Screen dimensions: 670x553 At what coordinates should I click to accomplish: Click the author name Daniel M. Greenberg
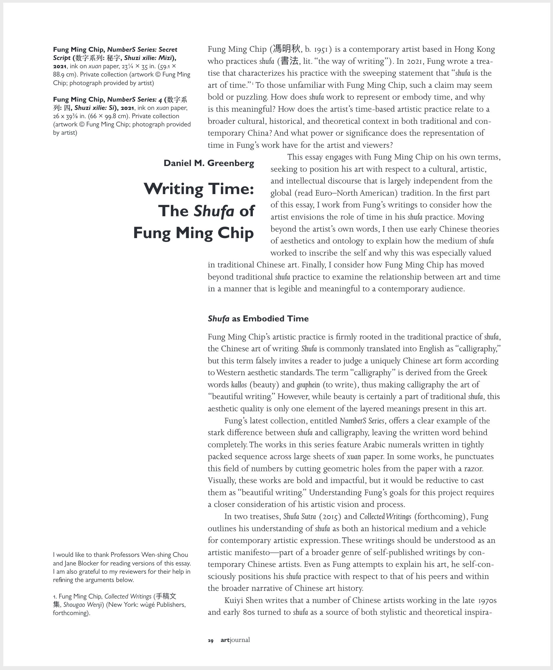pos(209,163)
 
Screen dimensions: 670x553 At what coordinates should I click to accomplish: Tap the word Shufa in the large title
pos(214,211)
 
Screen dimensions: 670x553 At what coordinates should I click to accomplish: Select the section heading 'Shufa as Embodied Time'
pos(258,318)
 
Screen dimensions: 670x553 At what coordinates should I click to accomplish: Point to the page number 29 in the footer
pos(211,640)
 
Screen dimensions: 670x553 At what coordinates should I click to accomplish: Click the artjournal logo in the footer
pos(235,640)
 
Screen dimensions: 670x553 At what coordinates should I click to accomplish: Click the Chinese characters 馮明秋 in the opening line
pos(286,49)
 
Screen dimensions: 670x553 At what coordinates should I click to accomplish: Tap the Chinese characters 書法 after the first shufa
pos(289,61)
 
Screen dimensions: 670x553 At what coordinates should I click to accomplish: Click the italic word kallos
pos(239,385)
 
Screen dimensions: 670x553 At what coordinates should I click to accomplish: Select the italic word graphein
pos(308,385)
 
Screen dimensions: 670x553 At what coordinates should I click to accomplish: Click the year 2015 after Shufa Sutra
pos(330,516)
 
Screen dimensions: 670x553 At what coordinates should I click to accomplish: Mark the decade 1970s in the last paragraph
pos(487,601)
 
